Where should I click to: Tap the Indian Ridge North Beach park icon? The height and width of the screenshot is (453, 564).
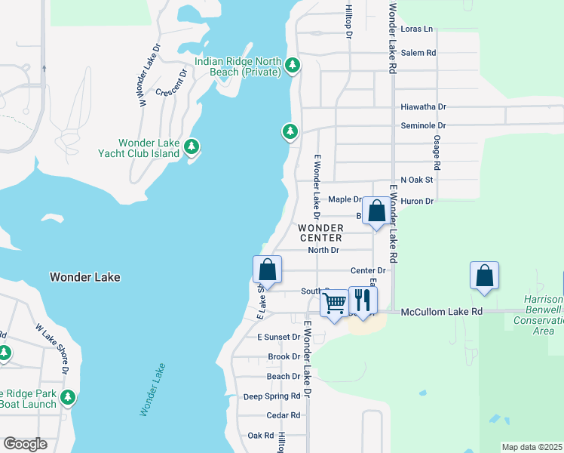[x=293, y=67]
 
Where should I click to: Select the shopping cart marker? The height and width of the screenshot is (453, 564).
[x=334, y=304]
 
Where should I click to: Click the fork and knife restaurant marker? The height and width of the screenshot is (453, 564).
[x=363, y=300]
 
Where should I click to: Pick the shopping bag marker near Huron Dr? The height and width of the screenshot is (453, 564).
[x=376, y=211]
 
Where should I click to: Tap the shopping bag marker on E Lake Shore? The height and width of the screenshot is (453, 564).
[x=267, y=270]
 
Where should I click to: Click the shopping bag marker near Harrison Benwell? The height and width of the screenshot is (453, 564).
[x=484, y=276]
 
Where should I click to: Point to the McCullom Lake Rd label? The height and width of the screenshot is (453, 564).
[x=441, y=311]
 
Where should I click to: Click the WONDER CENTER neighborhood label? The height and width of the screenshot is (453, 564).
[x=320, y=233]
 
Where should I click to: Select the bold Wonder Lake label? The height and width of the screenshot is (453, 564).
[x=84, y=277]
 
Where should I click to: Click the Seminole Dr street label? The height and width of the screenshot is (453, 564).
[x=423, y=125]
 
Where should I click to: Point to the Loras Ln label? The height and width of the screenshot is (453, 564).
[x=417, y=29]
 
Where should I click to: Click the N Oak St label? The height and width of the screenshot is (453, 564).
[x=417, y=180]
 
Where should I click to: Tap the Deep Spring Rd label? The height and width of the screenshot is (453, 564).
[x=271, y=396]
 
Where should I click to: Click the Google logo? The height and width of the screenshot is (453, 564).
[x=25, y=444]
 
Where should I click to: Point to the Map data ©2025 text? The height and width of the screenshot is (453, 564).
[x=532, y=447]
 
